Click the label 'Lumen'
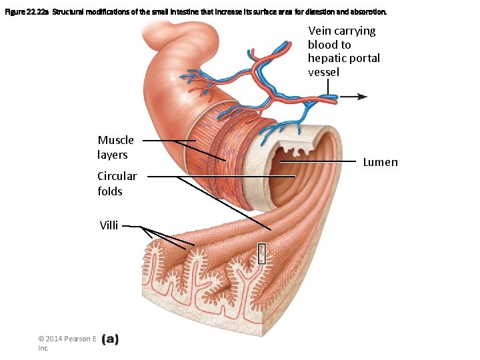(380, 162)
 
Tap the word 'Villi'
(109, 225)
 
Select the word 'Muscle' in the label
(115, 140)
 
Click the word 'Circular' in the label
(117, 177)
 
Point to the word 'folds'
(110, 191)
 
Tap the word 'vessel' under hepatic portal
(323, 72)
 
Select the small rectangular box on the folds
(262, 253)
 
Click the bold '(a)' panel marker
(110, 339)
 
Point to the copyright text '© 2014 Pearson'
(67, 339)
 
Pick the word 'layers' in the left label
(112, 155)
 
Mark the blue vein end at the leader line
(330, 97)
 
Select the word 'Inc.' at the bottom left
(43, 348)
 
